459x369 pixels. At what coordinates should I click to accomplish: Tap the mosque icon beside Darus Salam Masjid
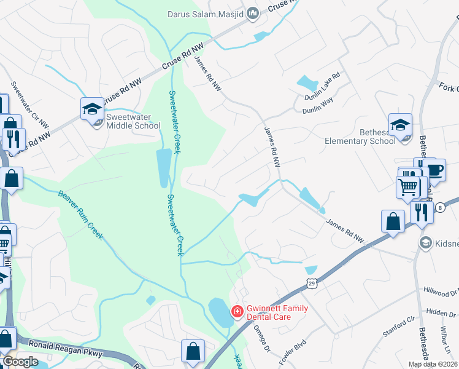[x=252, y=14]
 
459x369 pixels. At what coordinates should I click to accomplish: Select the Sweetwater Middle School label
[x=133, y=121]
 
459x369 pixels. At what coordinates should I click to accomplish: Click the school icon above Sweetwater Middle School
[x=92, y=109]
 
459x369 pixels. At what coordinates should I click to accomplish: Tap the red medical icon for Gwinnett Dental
[x=236, y=312]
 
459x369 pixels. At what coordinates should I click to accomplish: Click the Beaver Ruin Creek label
[x=81, y=215]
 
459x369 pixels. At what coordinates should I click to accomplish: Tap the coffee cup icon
[x=434, y=169]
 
